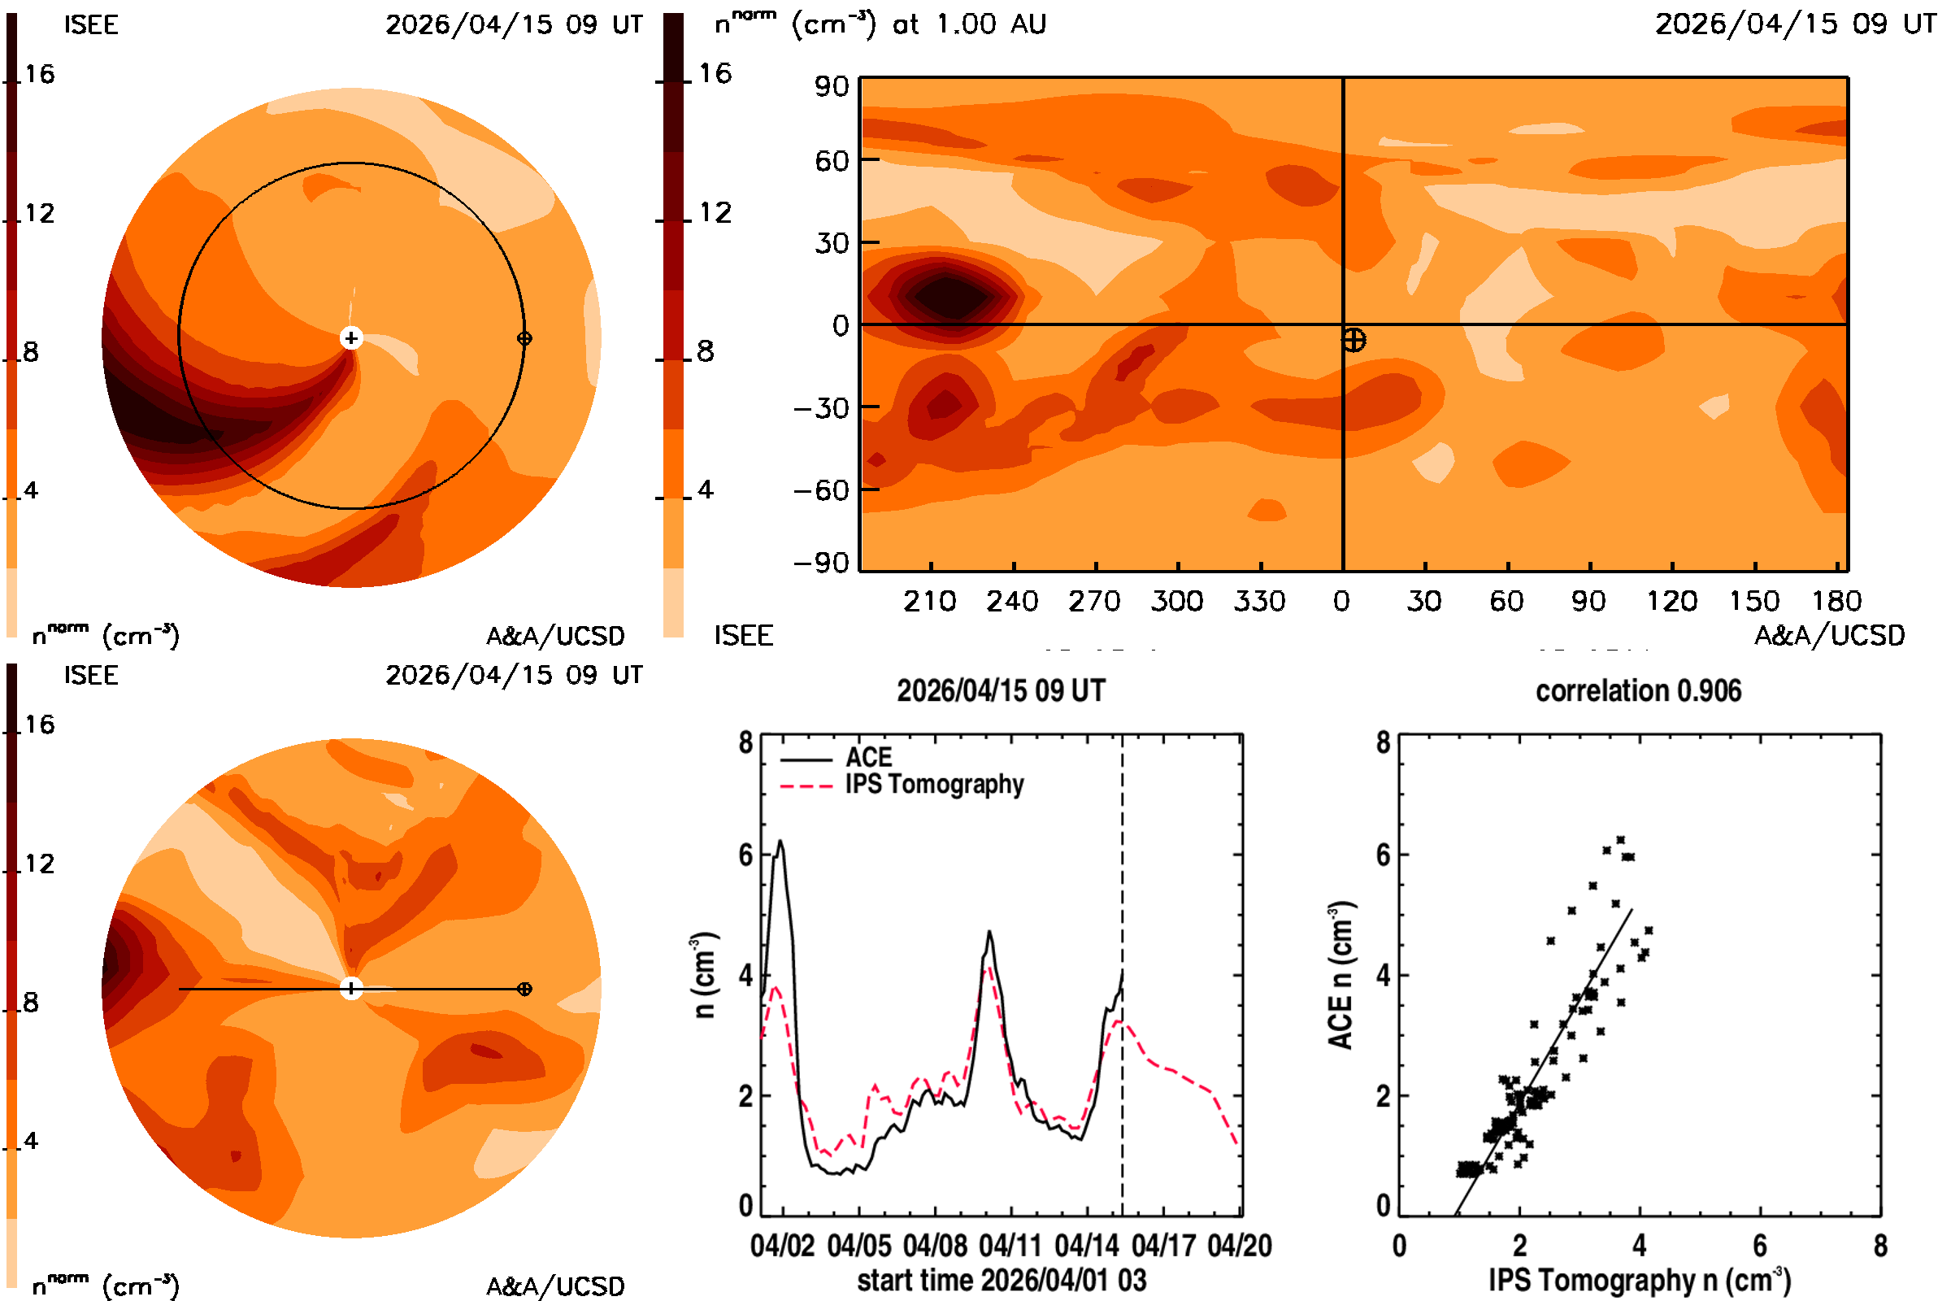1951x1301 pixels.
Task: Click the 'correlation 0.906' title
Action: [x=1638, y=691]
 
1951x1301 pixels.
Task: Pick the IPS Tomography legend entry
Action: [x=902, y=785]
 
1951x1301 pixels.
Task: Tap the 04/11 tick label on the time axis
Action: [x=1010, y=1246]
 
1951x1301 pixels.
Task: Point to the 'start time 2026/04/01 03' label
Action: [x=1002, y=1280]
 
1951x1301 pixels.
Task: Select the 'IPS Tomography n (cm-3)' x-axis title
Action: [x=1639, y=1280]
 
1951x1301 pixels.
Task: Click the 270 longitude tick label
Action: [x=1095, y=601]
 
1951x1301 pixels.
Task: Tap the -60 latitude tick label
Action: [x=822, y=490]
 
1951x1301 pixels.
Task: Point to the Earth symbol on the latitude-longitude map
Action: [x=1354, y=340]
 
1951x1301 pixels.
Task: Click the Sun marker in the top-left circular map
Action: [x=352, y=337]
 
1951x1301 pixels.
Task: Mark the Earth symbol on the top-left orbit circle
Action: [x=524, y=338]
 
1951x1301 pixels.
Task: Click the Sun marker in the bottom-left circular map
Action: [x=352, y=989]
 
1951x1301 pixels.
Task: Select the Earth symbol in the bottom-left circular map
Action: [x=524, y=989]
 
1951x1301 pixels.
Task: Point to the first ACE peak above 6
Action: [x=780, y=842]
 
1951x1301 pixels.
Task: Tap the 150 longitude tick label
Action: [x=1754, y=601]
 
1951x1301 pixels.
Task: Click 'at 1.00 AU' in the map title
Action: [x=969, y=24]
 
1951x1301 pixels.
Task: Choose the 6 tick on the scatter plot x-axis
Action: [x=1760, y=1246]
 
